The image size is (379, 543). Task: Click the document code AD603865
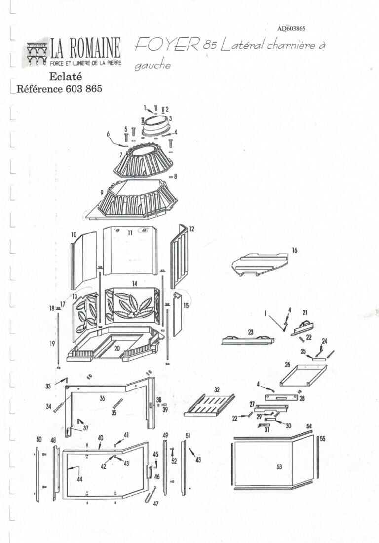(293, 29)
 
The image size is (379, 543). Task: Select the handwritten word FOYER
(167, 45)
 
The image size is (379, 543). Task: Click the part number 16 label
(294, 251)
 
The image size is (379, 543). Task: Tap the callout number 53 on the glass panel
(279, 467)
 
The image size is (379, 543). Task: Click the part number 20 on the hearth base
(117, 348)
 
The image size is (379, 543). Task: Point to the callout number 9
(101, 192)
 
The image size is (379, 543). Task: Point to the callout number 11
(130, 232)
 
